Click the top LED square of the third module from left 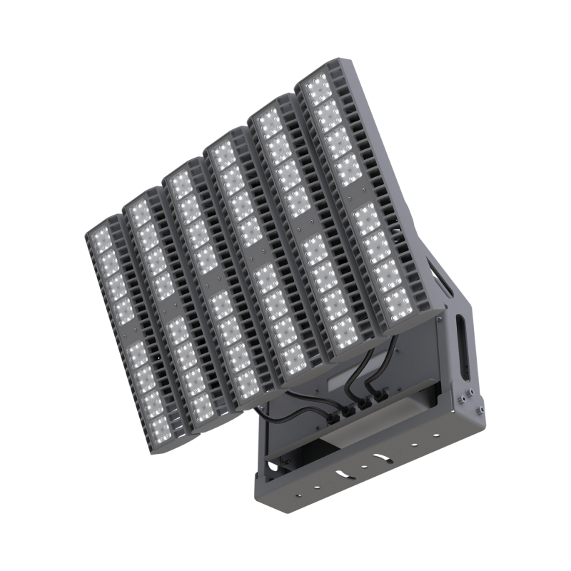pyautogui.click(x=181, y=184)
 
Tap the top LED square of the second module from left pyautogui.click(x=138, y=211)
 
